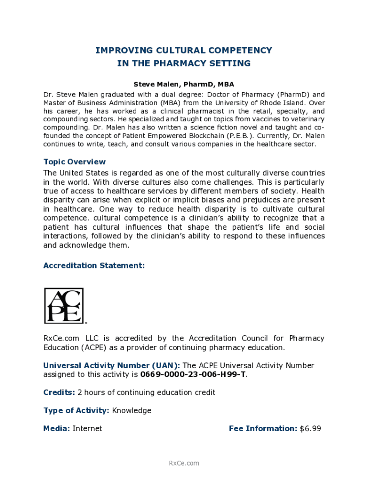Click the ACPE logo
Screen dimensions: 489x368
click(64, 305)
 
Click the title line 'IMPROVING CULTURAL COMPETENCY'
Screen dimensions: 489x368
click(184, 51)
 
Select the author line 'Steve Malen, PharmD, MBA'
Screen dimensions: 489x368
click(184, 85)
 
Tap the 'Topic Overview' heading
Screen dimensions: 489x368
click(75, 162)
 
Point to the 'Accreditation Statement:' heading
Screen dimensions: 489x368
click(94, 266)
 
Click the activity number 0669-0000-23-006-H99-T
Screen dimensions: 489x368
click(194, 374)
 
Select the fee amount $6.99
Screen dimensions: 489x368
click(310, 429)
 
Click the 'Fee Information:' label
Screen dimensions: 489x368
click(263, 429)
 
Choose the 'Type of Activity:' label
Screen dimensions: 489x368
click(76, 411)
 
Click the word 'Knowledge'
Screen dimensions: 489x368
click(131, 411)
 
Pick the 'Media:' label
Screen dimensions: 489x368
click(57, 429)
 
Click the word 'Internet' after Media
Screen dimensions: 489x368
click(87, 429)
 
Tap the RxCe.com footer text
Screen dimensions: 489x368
click(184, 463)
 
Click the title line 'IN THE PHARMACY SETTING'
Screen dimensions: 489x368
click(184, 64)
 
